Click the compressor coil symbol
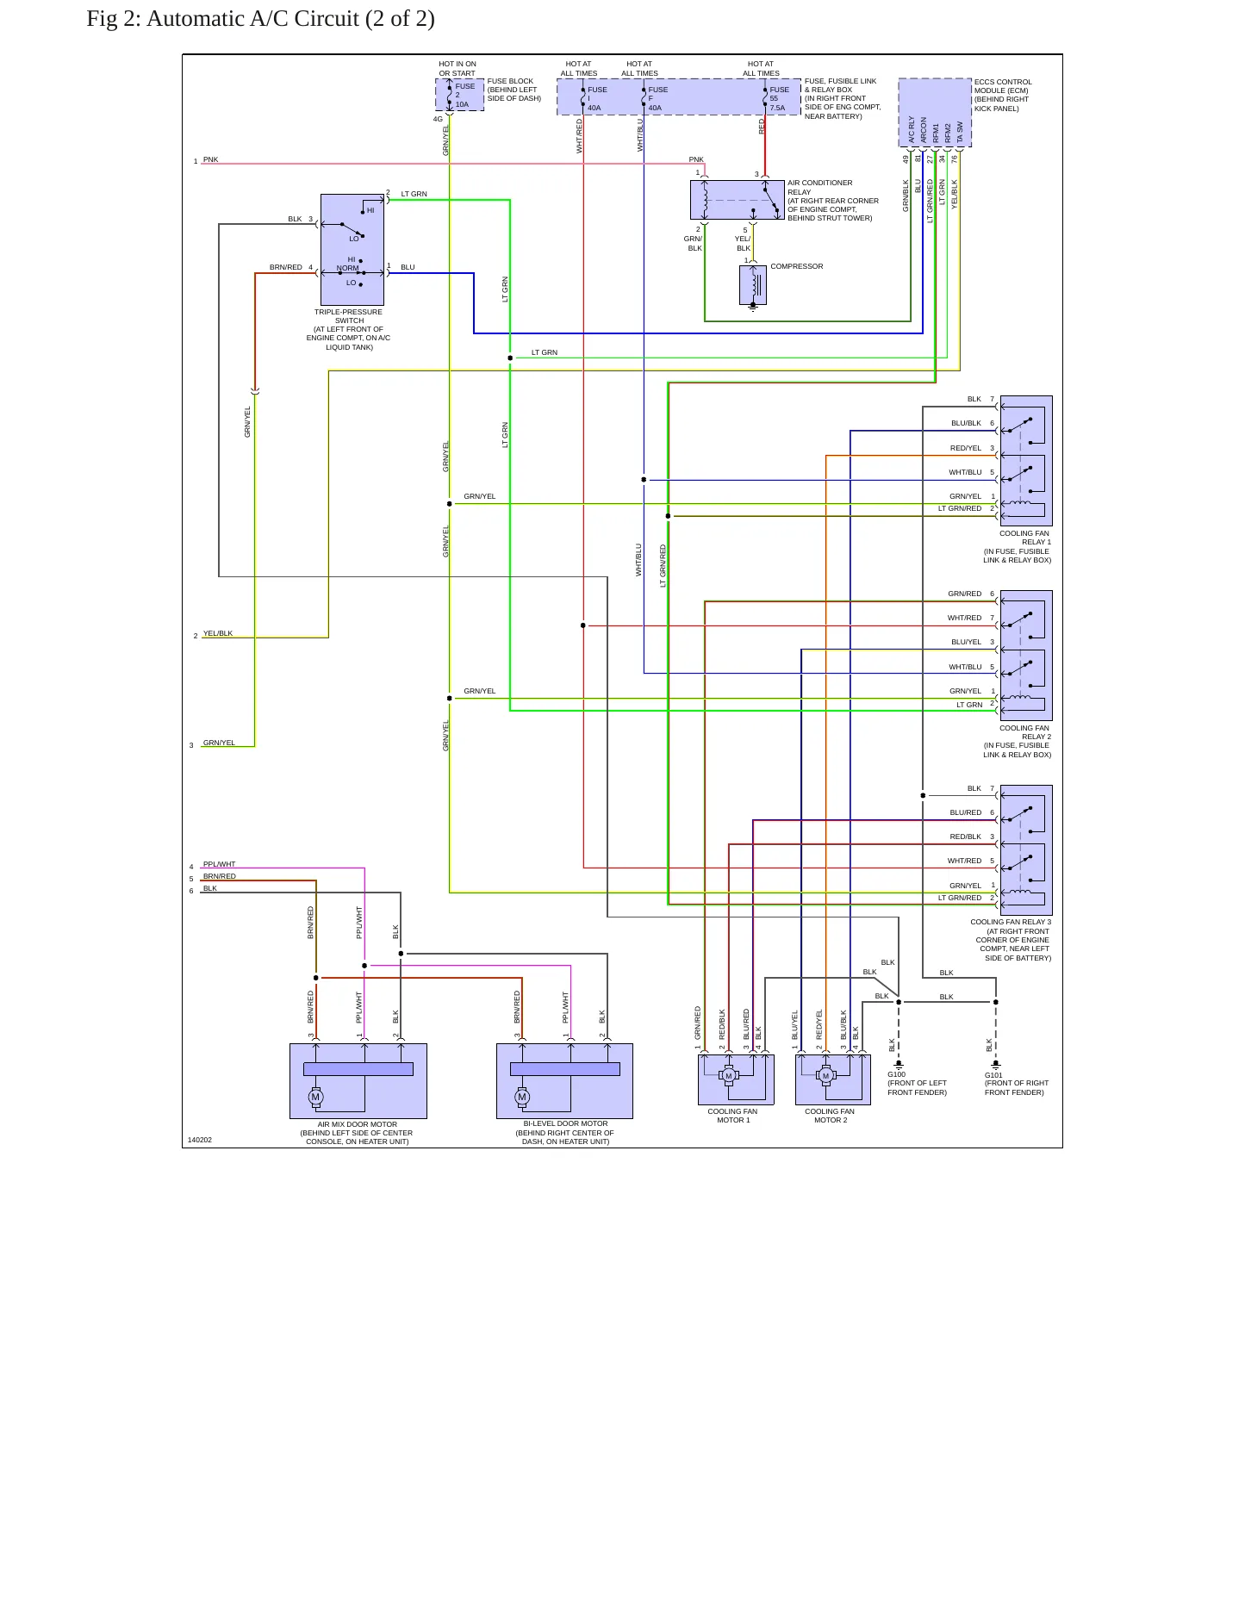(753, 285)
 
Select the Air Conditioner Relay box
(738, 200)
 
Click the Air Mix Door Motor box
(358, 1081)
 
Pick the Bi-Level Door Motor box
(564, 1081)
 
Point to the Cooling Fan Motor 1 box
(736, 1079)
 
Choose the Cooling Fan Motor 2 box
(833, 1079)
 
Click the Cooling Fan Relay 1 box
(1026, 461)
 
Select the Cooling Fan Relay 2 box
(1026, 656)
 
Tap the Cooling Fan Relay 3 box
(1026, 849)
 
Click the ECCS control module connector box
(935, 113)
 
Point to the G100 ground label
(896, 1074)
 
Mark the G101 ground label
(993, 1074)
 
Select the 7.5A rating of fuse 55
(777, 108)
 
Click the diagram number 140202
(199, 1140)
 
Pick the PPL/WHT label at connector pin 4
(219, 864)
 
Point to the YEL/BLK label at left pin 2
(218, 633)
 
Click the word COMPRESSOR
(797, 266)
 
